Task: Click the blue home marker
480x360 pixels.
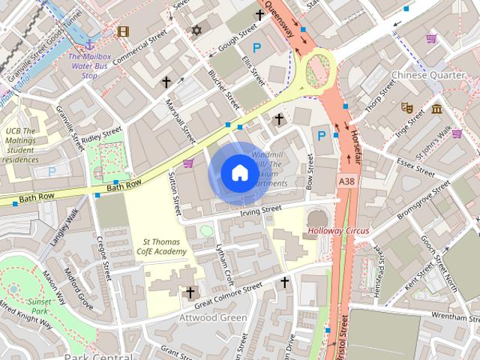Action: [238, 173]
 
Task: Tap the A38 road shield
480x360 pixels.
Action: [346, 182]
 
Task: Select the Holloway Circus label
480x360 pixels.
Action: [338, 230]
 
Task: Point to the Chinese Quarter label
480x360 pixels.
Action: [428, 75]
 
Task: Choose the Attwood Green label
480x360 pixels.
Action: [213, 317]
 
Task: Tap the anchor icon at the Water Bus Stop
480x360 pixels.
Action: [90, 44]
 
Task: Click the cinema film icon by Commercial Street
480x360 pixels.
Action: [123, 31]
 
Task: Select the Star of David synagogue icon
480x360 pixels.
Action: [197, 30]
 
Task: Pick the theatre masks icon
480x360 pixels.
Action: [407, 107]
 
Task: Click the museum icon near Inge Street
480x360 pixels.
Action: [436, 110]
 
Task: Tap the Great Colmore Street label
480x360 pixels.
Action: [228, 292]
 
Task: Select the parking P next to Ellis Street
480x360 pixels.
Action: [257, 48]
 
